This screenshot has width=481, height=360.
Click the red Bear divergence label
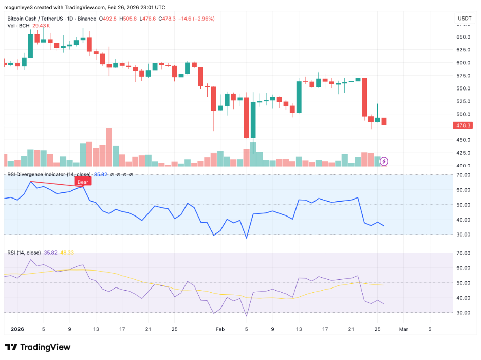(83, 182)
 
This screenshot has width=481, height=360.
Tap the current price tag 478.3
(464, 125)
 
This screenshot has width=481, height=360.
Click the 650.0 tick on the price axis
(464, 37)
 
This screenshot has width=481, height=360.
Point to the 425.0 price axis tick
(464, 153)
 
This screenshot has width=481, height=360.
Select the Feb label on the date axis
(220, 328)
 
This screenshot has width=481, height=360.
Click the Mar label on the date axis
(403, 328)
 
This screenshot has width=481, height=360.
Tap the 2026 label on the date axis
(17, 328)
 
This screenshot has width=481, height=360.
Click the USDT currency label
(464, 19)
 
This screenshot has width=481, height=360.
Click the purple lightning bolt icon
(383, 161)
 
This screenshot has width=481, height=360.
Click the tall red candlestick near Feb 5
(246, 118)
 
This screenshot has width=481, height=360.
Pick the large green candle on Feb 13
(299, 96)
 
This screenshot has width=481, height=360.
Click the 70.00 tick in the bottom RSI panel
(464, 253)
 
